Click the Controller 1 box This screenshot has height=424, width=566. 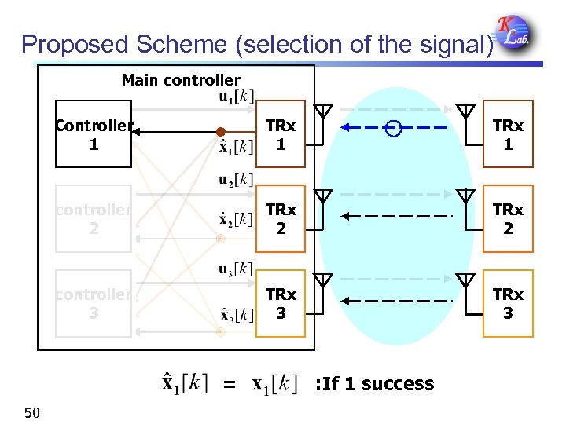click(x=94, y=134)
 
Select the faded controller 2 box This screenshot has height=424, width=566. click(x=94, y=218)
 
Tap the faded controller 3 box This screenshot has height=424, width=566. click(x=94, y=303)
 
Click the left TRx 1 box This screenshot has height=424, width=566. click(x=280, y=134)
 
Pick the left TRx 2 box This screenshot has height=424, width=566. click(x=280, y=219)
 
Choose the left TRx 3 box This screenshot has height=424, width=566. click(x=280, y=303)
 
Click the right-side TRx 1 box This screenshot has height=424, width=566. click(x=508, y=134)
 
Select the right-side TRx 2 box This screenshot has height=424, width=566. click(x=508, y=219)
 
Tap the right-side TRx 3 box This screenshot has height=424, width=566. click(x=508, y=303)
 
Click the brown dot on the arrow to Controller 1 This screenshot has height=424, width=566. click(x=221, y=131)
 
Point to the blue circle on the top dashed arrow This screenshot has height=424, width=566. click(x=394, y=130)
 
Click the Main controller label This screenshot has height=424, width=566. click(x=181, y=80)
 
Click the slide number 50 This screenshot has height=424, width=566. click(x=32, y=411)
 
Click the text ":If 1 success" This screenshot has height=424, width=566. click(x=374, y=384)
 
